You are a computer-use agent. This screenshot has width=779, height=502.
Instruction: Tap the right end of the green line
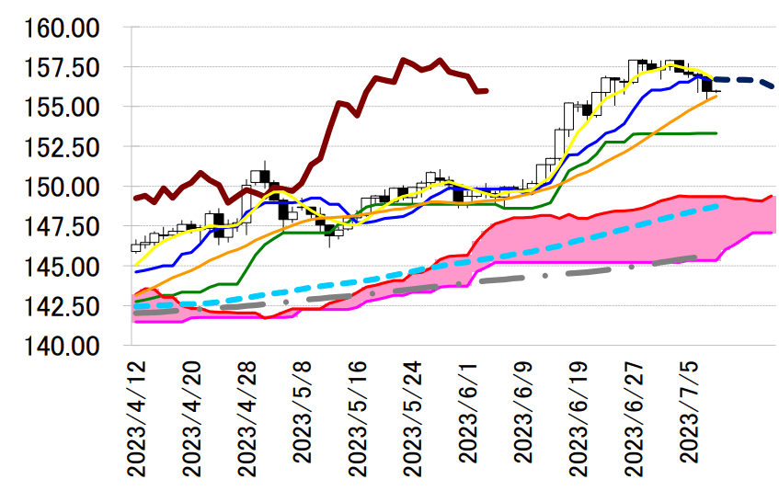coord(716,133)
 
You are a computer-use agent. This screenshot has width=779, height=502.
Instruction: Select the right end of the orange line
coord(716,96)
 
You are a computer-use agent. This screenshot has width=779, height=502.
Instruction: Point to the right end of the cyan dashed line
coord(717,207)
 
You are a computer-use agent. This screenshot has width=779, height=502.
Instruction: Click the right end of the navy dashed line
coord(774,86)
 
